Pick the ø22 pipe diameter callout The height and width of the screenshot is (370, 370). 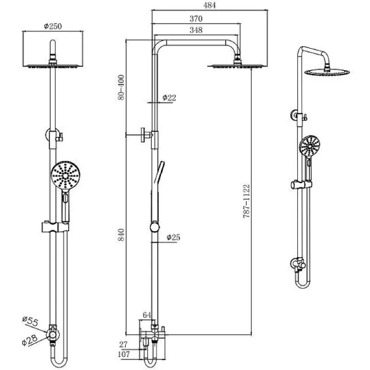pyautogui.click(x=170, y=98)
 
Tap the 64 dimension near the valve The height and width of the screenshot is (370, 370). pyautogui.click(x=147, y=316)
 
